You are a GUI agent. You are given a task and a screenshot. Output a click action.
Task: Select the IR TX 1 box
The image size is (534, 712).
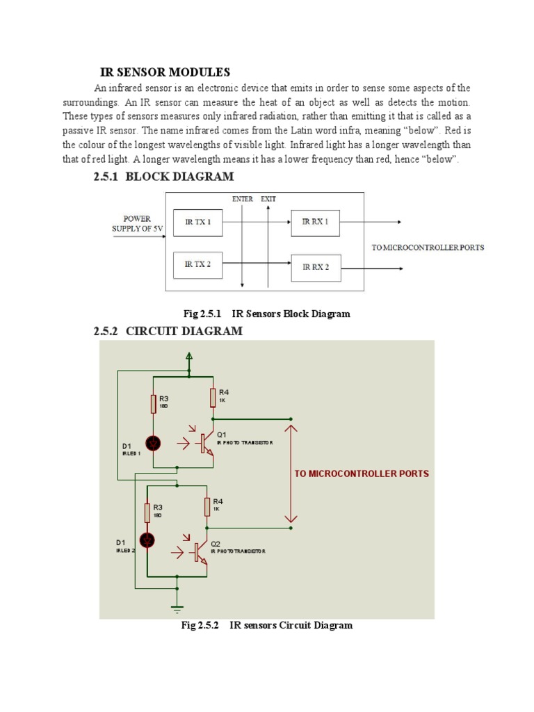[197, 222]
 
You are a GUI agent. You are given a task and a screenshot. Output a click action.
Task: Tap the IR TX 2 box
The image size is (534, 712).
[197, 264]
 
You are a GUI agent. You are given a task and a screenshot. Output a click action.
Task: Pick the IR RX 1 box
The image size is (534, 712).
[316, 222]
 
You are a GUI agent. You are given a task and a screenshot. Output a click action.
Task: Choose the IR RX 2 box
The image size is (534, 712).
[316, 267]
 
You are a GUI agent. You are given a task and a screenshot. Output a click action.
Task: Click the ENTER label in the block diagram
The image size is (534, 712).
[242, 199]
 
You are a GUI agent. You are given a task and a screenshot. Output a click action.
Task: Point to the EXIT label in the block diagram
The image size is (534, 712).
[268, 199]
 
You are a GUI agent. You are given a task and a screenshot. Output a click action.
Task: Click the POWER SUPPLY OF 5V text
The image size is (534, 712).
[137, 224]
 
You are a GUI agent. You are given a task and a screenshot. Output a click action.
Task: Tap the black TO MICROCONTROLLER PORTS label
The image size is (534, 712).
[428, 248]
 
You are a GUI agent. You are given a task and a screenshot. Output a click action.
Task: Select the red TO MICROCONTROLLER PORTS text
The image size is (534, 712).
[362, 474]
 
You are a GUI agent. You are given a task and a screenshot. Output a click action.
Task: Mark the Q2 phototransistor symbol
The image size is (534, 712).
[200, 551]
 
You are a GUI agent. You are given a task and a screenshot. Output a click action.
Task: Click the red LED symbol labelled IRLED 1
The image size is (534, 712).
[153, 443]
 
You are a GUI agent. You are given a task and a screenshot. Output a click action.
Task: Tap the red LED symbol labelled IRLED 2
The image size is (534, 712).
[147, 540]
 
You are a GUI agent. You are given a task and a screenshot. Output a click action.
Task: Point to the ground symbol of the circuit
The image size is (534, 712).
[177, 609]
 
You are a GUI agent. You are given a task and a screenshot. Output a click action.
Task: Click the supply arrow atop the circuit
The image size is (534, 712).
[188, 359]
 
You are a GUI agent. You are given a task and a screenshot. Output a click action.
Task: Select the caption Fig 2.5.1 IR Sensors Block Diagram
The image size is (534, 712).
[266, 314]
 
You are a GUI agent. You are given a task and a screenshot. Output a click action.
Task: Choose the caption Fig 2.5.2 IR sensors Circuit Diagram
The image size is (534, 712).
[266, 625]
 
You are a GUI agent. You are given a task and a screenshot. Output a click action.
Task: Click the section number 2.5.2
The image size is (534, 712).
[108, 331]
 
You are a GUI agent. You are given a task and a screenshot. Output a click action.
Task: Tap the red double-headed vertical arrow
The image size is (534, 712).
[291, 474]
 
